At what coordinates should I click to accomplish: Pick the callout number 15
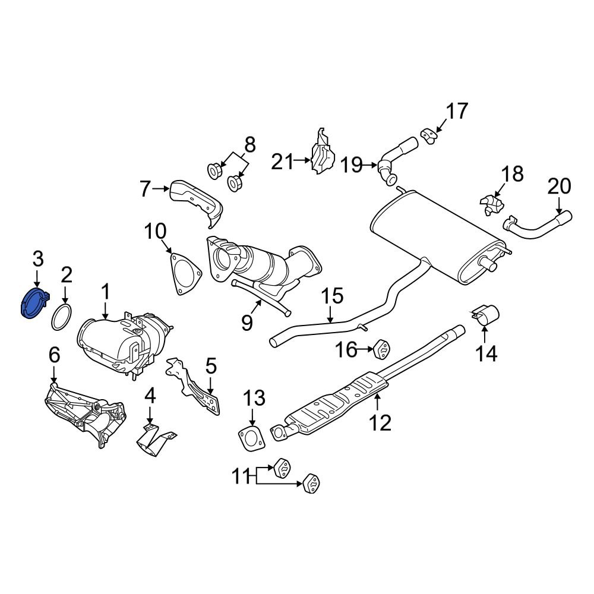click(x=333, y=296)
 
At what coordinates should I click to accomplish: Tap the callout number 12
click(x=380, y=423)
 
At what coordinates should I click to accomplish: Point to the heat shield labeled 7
click(x=196, y=202)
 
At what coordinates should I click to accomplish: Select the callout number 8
click(x=249, y=144)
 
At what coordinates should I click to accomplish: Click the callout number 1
click(x=105, y=292)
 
